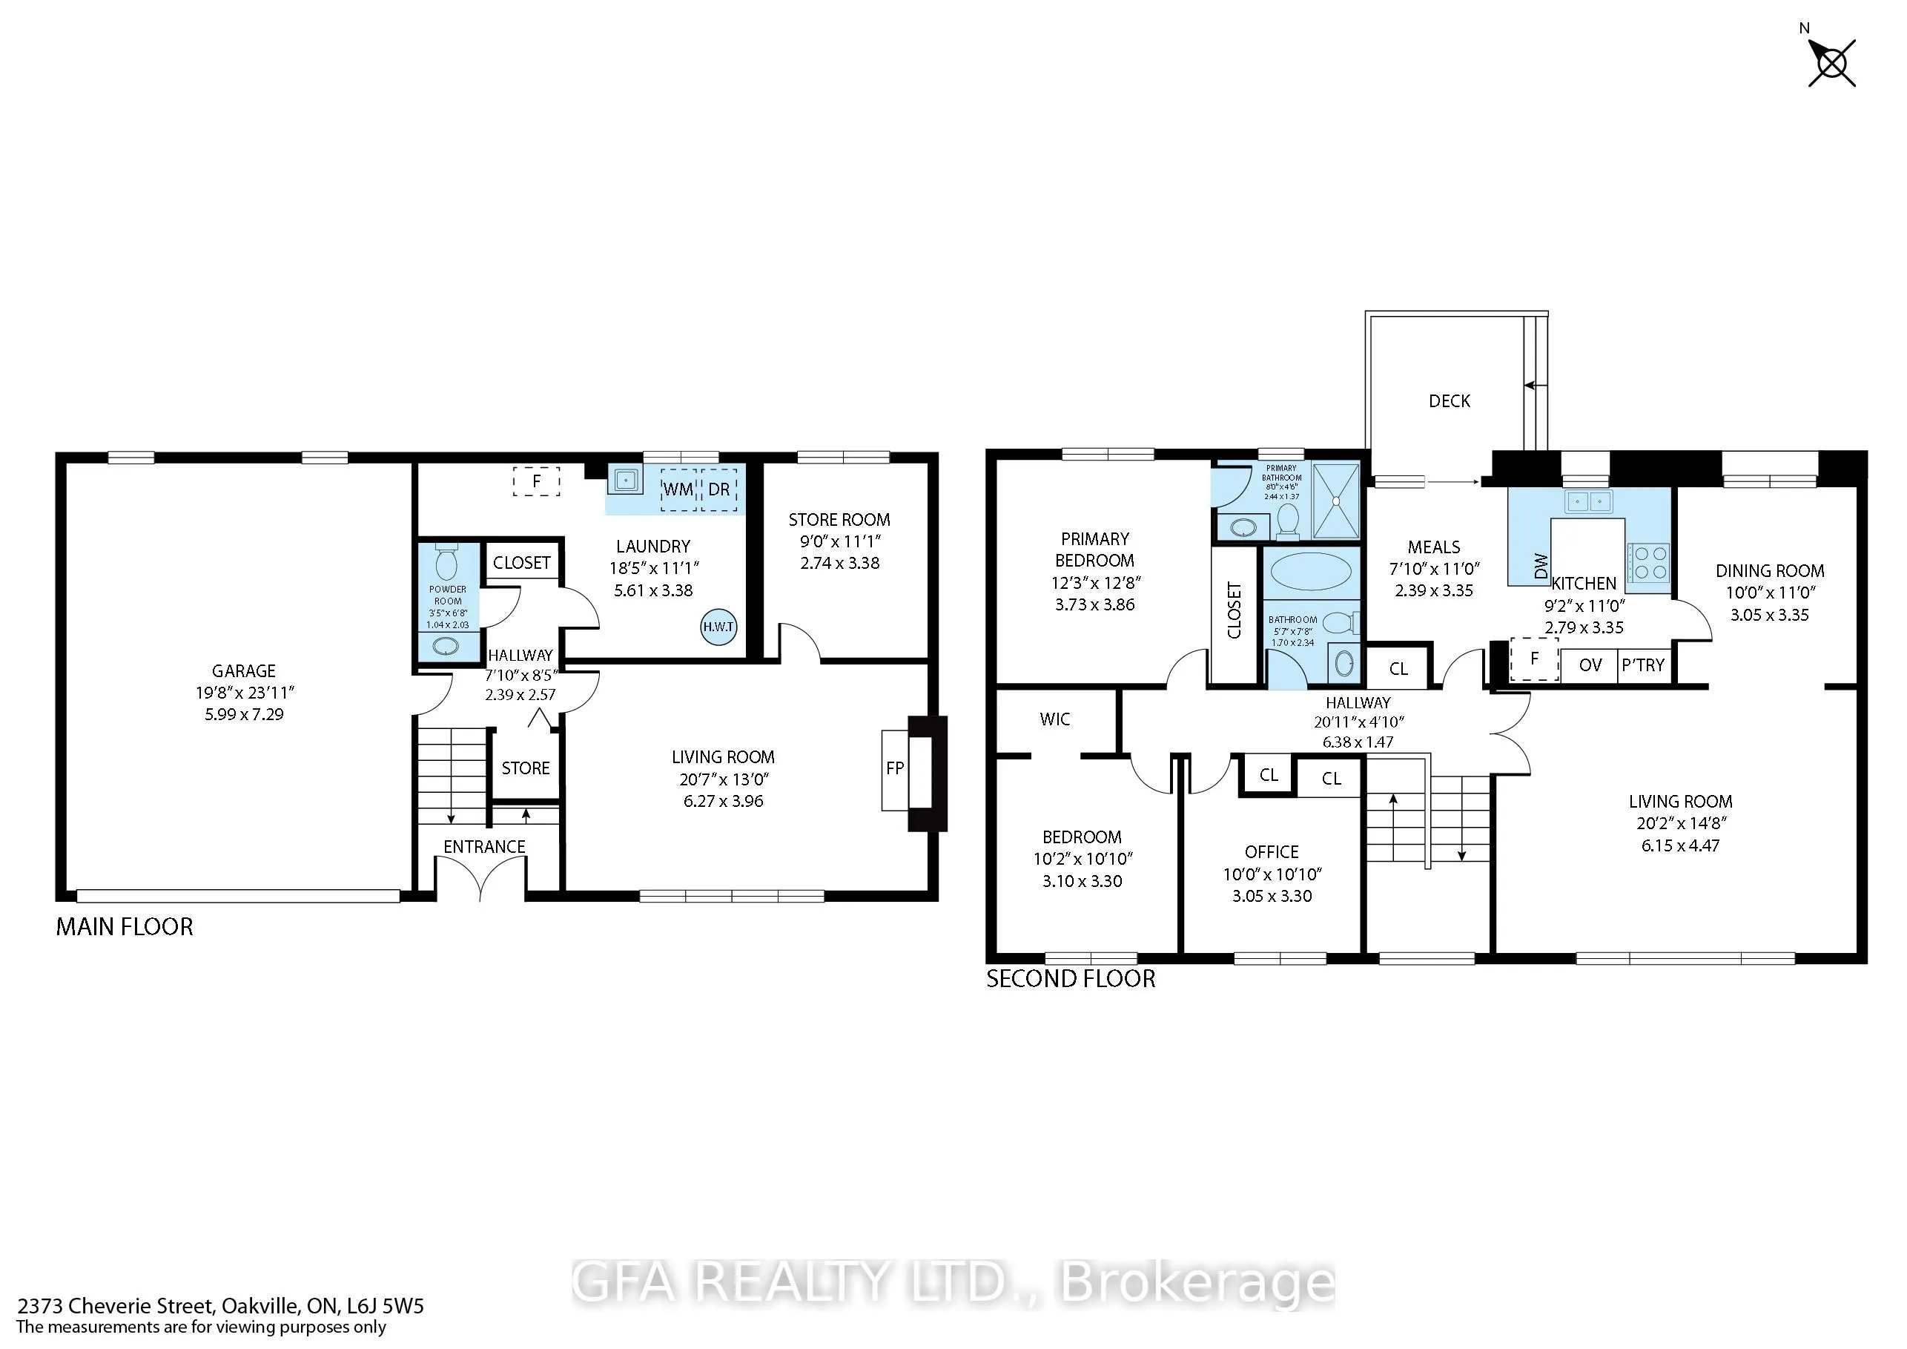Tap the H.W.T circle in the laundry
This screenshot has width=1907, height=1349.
[718, 627]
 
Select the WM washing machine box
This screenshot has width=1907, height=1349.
[678, 489]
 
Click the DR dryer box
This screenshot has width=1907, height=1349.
[719, 489]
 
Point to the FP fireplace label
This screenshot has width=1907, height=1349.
[894, 768]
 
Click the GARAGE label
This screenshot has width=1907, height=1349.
[243, 671]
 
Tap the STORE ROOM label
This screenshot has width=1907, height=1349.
[839, 520]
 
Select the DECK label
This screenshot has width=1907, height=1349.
[1450, 401]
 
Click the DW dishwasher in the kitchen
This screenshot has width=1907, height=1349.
[1541, 566]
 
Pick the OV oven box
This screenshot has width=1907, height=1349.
[1590, 665]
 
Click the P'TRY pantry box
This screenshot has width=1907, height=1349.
[1644, 665]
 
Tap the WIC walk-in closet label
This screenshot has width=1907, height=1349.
[1055, 719]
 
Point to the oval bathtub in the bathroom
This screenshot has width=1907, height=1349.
[1312, 573]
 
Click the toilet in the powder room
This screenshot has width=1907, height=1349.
[447, 561]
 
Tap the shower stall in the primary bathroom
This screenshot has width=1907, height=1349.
[1335, 501]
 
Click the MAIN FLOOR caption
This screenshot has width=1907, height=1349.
[125, 927]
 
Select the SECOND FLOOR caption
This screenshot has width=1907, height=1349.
[1071, 978]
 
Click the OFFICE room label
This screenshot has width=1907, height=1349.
[1272, 852]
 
